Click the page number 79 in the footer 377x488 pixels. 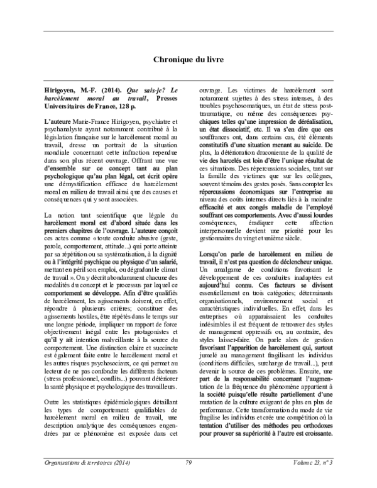tap(188, 462)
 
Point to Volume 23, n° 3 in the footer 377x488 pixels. tap(311, 462)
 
